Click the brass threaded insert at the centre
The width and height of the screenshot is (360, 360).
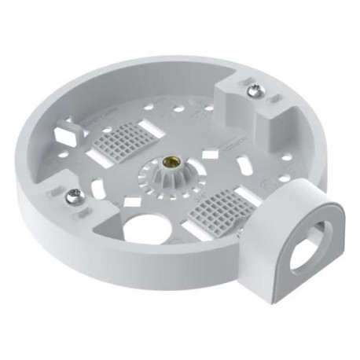pos(167,163)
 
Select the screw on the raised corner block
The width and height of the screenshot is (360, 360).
pos(253,93)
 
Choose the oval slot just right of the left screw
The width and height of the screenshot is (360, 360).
pos(97,189)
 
